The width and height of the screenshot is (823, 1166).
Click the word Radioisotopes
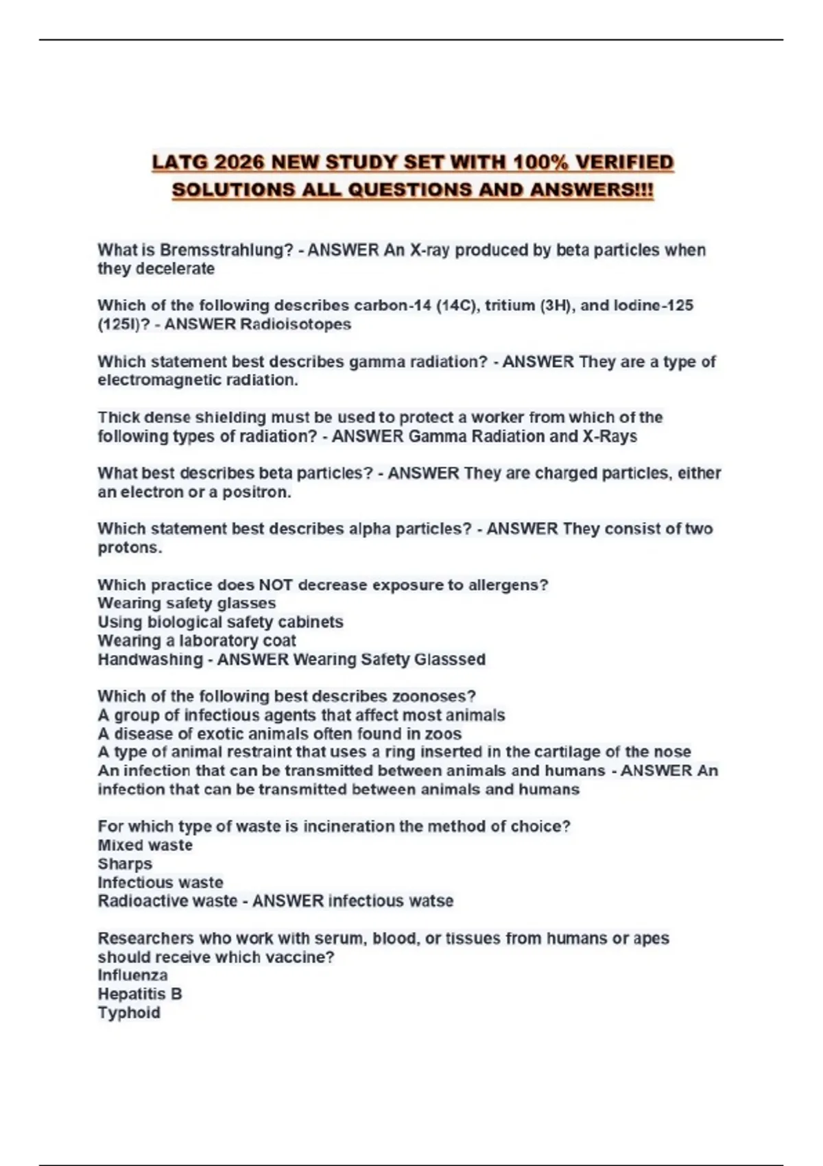click(296, 324)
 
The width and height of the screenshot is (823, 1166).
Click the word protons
click(130, 548)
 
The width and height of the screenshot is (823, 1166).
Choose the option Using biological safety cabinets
click(220, 623)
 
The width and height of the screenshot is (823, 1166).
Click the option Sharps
click(125, 864)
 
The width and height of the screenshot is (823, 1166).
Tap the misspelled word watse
click(431, 901)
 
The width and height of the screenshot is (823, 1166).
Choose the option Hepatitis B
click(140, 995)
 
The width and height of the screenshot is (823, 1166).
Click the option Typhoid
click(129, 1013)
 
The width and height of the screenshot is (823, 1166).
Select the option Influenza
click(132, 976)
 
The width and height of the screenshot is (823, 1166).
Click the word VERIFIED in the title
click(624, 163)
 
